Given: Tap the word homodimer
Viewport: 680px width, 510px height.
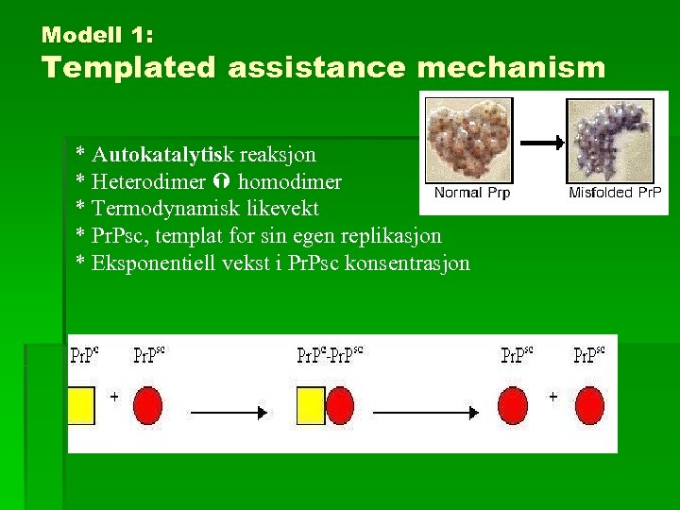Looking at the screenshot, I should [x=290, y=181].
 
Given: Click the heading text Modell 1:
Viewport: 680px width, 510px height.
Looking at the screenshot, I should [x=98, y=36].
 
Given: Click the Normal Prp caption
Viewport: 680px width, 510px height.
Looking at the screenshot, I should [x=471, y=193].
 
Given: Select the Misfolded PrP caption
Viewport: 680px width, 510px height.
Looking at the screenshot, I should [x=615, y=193].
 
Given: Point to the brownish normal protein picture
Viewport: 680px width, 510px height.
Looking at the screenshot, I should [x=469, y=141].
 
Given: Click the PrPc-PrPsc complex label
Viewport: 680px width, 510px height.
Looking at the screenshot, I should [x=330, y=356].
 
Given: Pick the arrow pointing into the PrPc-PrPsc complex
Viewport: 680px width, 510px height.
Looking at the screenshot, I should [x=229, y=412].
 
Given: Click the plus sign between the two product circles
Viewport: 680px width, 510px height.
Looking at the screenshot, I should [x=553, y=398].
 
